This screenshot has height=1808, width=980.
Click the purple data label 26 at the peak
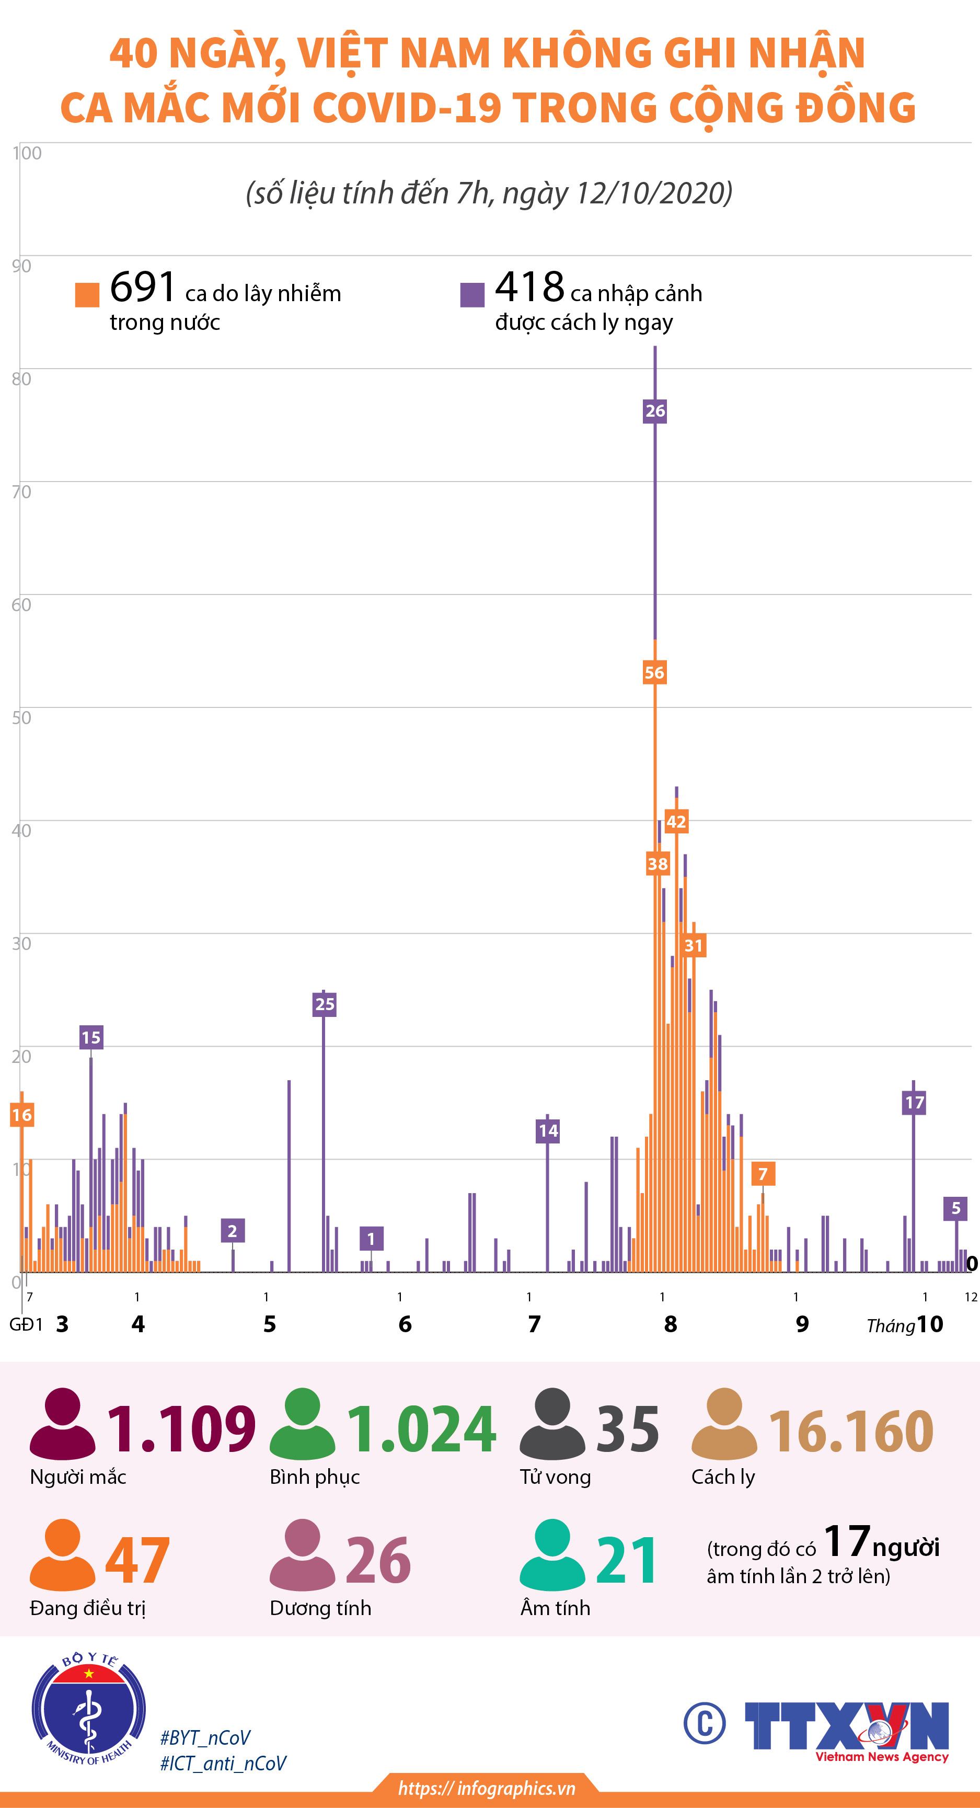point(654,410)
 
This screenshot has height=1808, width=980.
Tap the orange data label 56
point(654,672)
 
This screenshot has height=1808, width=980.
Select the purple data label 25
point(324,1004)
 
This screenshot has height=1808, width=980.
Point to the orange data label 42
point(676,822)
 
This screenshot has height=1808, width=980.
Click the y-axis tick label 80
point(21,379)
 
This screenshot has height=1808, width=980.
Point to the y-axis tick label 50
point(21,717)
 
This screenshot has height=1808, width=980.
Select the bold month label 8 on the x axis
point(671,1324)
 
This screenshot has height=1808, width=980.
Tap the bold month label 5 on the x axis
point(269,1324)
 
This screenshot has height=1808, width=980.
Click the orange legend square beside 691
point(87,295)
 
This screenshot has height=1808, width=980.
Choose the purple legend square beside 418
point(472,295)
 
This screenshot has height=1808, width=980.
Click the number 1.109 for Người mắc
point(181,1428)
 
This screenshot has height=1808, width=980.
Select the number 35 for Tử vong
point(627,1428)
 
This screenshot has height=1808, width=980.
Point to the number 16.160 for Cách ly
point(851,1431)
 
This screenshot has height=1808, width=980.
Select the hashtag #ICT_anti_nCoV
point(223,1763)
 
